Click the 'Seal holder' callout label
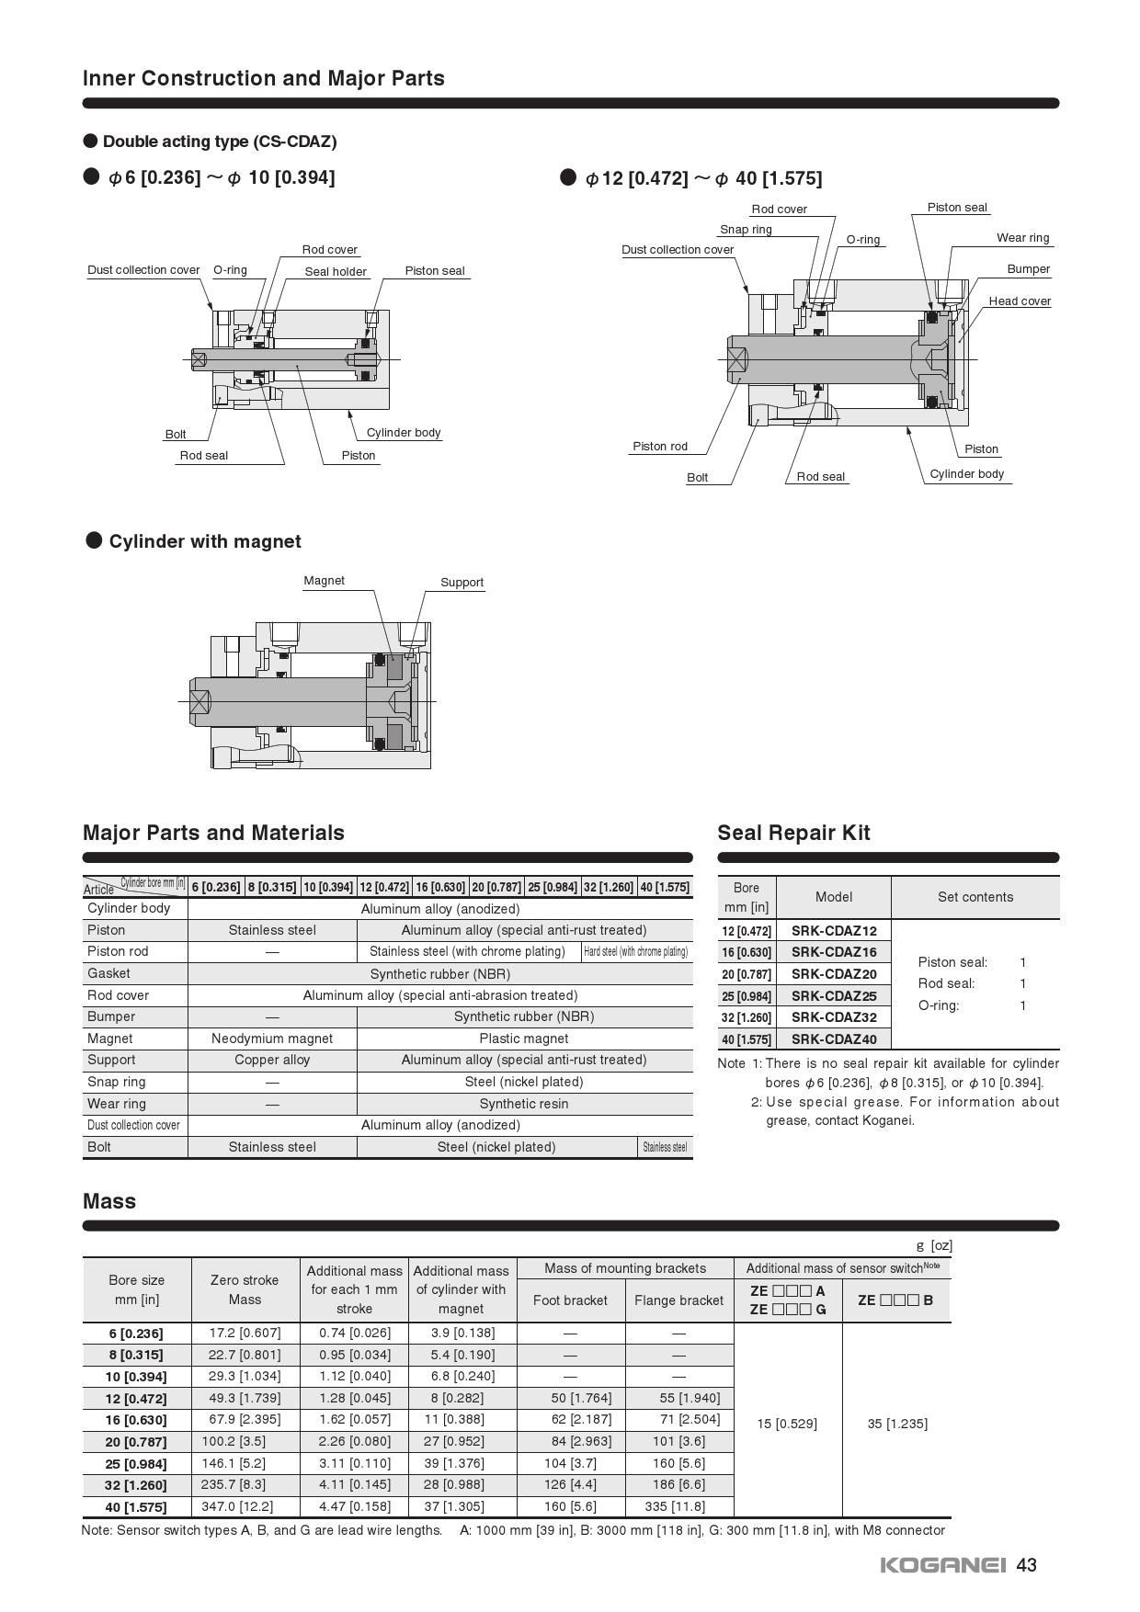point(336,271)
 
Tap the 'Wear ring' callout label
point(1022,238)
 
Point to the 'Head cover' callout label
point(1020,301)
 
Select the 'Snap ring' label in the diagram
point(746,230)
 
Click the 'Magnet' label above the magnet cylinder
point(324,581)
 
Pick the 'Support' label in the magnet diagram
point(462,583)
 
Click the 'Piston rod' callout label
point(660,447)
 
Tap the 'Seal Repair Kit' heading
point(793,833)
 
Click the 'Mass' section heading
point(109,1201)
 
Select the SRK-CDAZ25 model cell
point(834,996)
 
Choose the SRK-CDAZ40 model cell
point(834,1039)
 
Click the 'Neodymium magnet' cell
point(272,1039)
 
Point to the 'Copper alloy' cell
point(272,1060)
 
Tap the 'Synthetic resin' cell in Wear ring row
point(524,1104)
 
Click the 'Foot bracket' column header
point(570,1300)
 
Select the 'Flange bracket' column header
point(678,1300)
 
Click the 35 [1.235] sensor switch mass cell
point(897,1424)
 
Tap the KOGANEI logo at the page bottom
point(942,1565)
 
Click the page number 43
point(1027,1565)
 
